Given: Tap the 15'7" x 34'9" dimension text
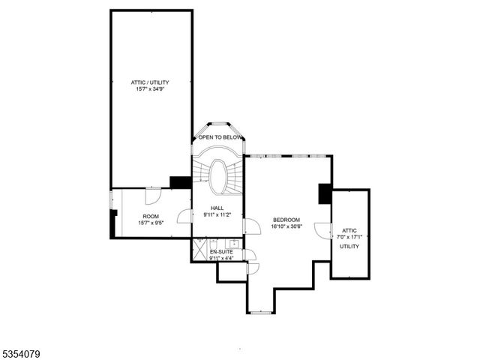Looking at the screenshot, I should tap(151, 88).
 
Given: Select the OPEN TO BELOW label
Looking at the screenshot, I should tap(220, 138).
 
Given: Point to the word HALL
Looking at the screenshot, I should tap(217, 208).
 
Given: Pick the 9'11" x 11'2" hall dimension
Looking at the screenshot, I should tap(217, 215).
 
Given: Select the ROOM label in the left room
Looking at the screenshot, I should tap(151, 215).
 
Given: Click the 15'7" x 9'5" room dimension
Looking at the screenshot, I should tap(151, 223).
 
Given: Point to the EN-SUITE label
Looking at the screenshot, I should tap(221, 251).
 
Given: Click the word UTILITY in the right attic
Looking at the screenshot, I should tap(349, 246).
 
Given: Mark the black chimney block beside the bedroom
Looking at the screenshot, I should tap(325, 193).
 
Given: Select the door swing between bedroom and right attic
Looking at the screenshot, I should tap(322, 231).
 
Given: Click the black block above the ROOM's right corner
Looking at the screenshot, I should tap(180, 182).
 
